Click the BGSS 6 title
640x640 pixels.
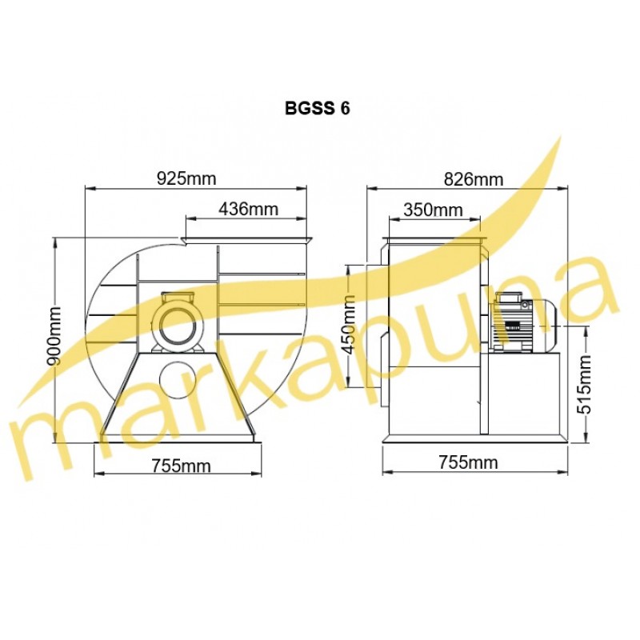tap(317, 108)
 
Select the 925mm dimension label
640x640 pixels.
tap(186, 178)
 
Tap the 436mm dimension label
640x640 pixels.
tap(248, 209)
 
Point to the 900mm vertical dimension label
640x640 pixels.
tap(54, 335)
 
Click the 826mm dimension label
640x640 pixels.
tap(474, 178)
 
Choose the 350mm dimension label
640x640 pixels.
tap(433, 210)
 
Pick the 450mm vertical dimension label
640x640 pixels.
tap(347, 325)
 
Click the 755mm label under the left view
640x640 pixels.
tap(182, 466)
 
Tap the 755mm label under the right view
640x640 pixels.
tap(468, 462)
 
